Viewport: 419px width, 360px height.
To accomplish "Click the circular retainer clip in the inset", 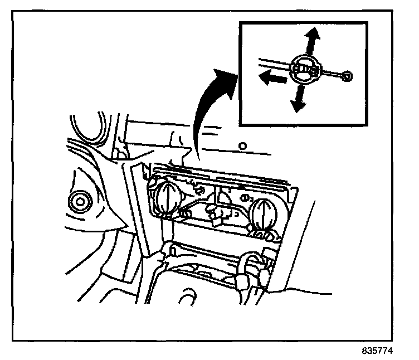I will coord(306,69).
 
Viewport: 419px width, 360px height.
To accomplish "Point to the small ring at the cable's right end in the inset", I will coord(347,77).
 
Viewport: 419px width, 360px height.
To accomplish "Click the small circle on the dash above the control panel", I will coord(242,146).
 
